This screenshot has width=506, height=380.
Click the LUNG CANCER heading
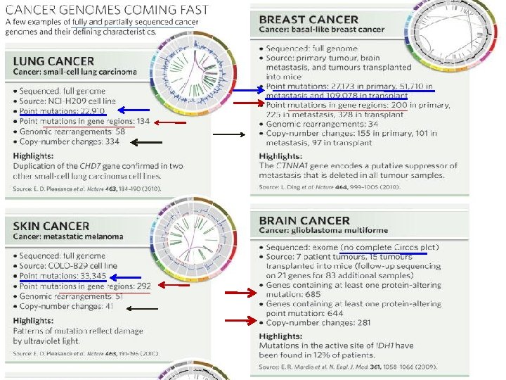pyautogui.click(x=53, y=61)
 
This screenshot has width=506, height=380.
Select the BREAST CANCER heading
pyautogui.click(x=309, y=20)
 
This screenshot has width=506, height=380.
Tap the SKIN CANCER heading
pyautogui.click(x=51, y=226)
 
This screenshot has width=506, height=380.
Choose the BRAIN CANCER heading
pyautogui.click(x=304, y=220)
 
